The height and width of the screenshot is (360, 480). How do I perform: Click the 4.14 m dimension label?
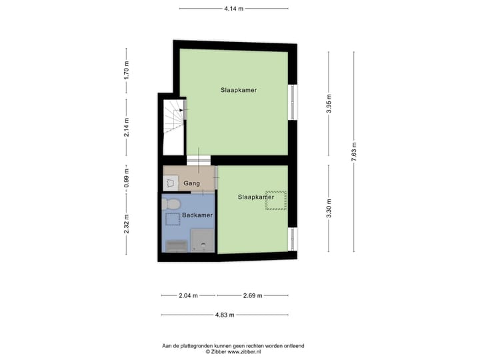[233, 9]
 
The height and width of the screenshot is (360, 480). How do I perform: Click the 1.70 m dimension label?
[127, 70]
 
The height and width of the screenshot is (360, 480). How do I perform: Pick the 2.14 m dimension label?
[127, 127]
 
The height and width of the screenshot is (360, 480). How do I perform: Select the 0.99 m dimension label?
[127, 177]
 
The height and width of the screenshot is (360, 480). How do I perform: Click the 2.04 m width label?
[189, 295]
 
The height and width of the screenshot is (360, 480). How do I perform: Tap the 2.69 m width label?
[252, 295]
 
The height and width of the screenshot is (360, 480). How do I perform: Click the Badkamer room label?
[197, 215]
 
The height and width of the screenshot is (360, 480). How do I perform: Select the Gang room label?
[191, 183]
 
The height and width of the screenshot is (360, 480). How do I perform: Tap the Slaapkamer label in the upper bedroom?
[239, 89]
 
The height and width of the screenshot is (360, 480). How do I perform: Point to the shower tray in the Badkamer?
[203, 241]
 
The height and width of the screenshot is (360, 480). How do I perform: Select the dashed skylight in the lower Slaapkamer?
[276, 199]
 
